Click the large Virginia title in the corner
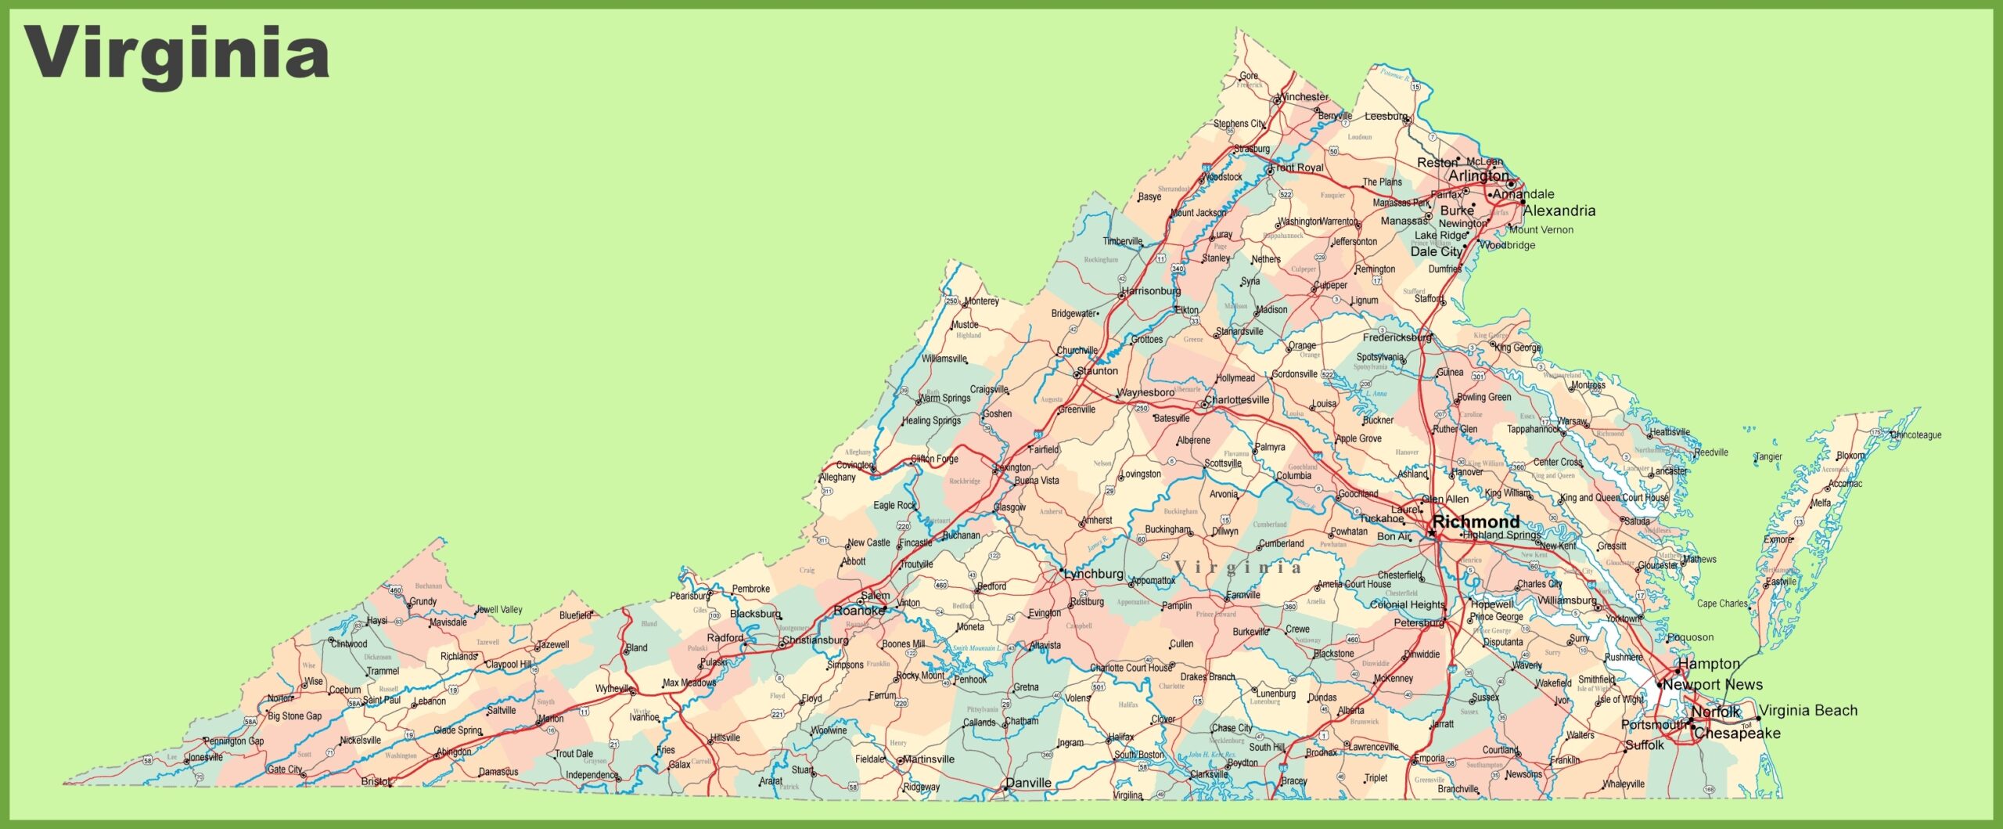click(177, 53)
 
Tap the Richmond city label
click(1476, 521)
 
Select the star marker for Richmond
click(1432, 532)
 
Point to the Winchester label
click(1304, 97)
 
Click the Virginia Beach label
click(1808, 710)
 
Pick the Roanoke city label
click(859, 610)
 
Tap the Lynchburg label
click(1094, 574)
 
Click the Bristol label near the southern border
click(375, 781)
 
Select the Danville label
click(1028, 783)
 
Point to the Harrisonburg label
click(1152, 291)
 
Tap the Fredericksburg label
click(1397, 337)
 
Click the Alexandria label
click(1559, 211)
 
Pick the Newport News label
click(1713, 684)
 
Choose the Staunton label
click(1098, 371)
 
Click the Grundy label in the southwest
click(423, 601)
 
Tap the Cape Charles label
click(1722, 604)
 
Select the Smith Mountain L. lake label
click(976, 648)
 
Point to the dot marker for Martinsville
click(901, 760)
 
